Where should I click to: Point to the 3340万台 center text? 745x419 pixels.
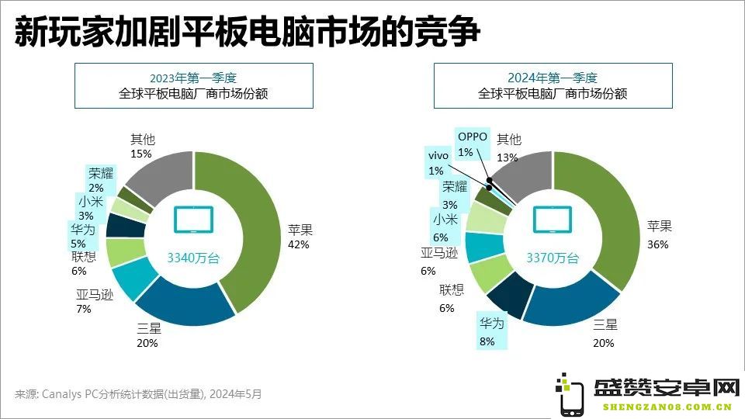click(x=193, y=258)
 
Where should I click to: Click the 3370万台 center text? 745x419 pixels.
click(x=553, y=258)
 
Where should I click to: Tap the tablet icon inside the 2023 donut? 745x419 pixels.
click(x=193, y=220)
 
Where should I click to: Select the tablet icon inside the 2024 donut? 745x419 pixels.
click(x=552, y=220)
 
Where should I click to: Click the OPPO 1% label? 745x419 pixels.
click(x=472, y=144)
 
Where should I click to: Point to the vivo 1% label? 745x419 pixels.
click(x=438, y=163)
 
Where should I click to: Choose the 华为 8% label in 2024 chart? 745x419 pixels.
click(x=491, y=332)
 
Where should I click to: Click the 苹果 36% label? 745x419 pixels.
click(x=659, y=235)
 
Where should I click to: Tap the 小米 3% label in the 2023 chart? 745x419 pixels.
click(x=90, y=209)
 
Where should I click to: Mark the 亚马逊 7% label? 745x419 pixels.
click(x=95, y=302)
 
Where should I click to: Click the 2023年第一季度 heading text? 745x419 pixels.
click(x=193, y=78)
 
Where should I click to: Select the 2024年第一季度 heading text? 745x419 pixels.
click(x=553, y=78)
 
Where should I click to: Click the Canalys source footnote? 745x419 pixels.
click(x=138, y=394)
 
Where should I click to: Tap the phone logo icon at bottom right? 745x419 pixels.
click(x=570, y=394)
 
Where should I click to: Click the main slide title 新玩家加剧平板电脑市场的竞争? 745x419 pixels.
click(x=247, y=33)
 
